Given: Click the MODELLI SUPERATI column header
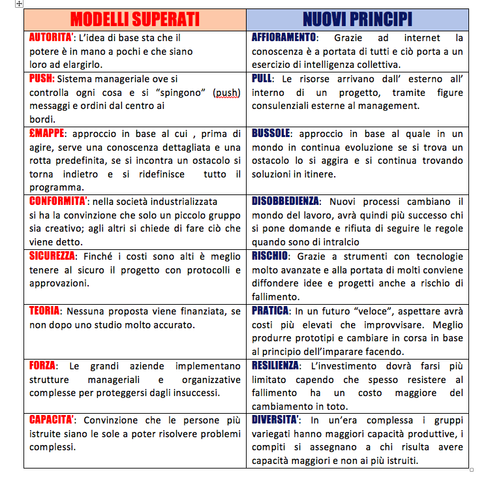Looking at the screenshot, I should point(134,19).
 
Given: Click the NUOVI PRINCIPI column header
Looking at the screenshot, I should point(357,19).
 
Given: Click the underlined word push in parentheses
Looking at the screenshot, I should point(227,93).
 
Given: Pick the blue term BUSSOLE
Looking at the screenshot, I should point(271,134).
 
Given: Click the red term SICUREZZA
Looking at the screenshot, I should point(52,256).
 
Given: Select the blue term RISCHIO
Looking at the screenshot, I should point(270,256).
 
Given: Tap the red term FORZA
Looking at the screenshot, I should point(42,365).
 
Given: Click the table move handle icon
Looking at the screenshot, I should point(19,4).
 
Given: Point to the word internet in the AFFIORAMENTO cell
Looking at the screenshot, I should point(422,38).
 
